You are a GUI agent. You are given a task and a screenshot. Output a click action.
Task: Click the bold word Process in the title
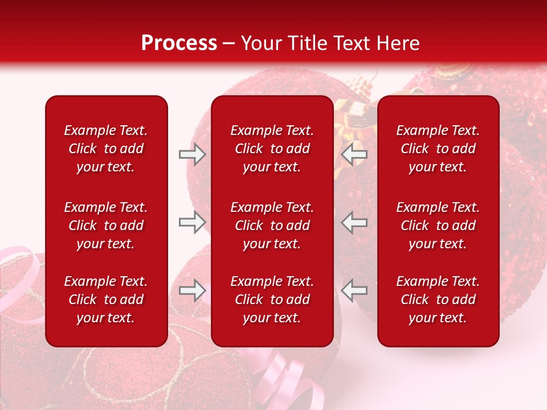tap(179, 43)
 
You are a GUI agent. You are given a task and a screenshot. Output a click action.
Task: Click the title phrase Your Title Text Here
tap(330, 43)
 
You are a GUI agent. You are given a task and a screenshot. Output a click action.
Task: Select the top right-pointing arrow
tap(192, 154)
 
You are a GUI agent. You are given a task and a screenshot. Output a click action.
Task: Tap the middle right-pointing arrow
tap(192, 223)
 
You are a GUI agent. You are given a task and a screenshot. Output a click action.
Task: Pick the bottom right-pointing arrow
tap(192, 291)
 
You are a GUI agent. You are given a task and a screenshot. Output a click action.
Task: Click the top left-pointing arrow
tap(354, 154)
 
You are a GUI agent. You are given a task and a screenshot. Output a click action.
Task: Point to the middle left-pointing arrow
tap(354, 223)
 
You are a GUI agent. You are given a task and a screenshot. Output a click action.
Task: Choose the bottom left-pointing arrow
tap(354, 291)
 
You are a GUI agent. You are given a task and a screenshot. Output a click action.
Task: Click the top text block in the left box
tap(106, 149)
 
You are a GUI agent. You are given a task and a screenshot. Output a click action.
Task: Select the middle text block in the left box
tap(106, 225)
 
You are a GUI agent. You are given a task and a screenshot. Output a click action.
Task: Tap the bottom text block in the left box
tap(106, 300)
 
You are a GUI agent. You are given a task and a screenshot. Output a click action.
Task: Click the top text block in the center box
tap(272, 149)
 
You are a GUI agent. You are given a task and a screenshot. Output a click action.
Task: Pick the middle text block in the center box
tap(272, 225)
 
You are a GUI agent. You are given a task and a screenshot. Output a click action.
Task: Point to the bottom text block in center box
tap(272, 300)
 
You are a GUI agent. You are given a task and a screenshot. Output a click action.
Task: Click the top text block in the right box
tap(438, 149)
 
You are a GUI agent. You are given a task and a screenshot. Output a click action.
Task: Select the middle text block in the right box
tap(438, 225)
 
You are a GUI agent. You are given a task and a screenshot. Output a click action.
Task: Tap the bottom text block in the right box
tap(438, 300)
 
